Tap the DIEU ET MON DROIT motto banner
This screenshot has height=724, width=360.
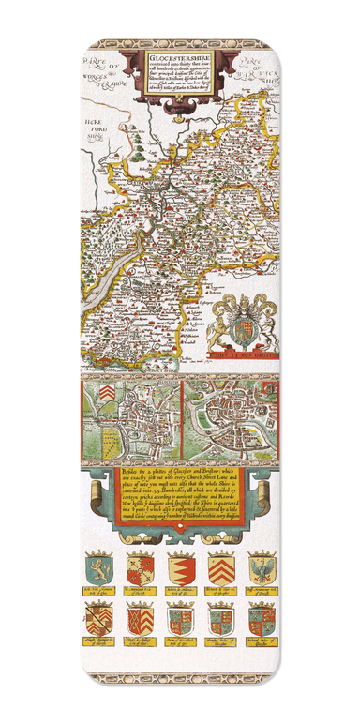pyautogui.click(x=241, y=354)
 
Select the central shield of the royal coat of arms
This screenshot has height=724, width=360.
pyautogui.click(x=241, y=327)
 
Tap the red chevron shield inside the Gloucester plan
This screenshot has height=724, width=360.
pyautogui.click(x=112, y=390)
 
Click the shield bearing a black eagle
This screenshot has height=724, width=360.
pyautogui.click(x=260, y=568)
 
